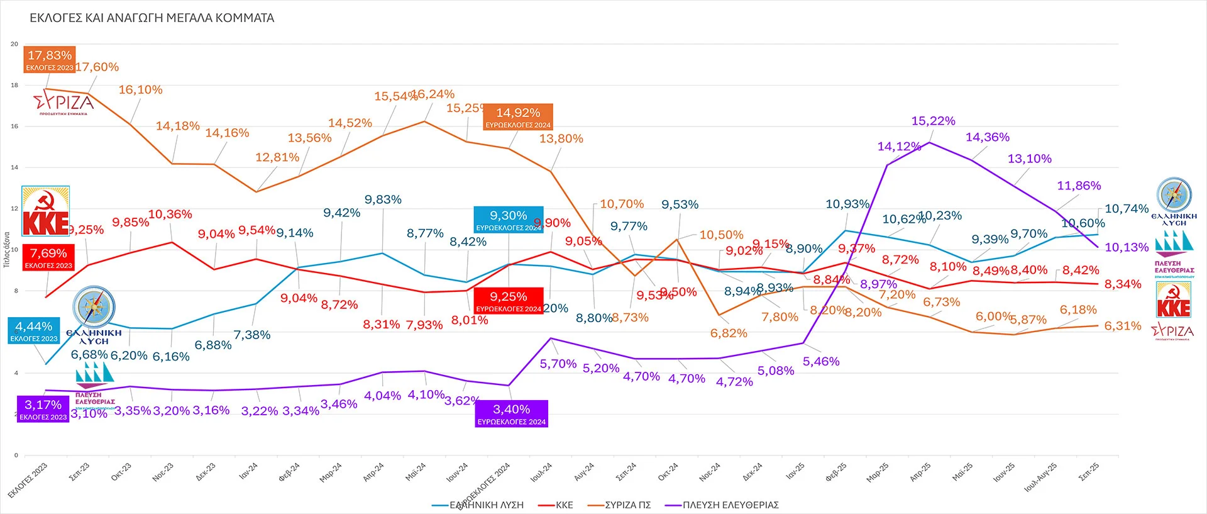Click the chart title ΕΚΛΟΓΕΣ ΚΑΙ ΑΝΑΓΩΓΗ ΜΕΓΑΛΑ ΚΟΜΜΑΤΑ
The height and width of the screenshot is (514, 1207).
[152, 18]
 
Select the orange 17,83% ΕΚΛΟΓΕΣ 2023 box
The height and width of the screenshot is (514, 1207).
[50, 60]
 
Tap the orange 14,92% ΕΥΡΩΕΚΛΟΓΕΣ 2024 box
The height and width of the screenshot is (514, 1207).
[518, 117]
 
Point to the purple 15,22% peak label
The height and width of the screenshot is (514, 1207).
[934, 121]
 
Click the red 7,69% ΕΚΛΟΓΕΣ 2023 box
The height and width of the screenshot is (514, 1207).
[48, 257]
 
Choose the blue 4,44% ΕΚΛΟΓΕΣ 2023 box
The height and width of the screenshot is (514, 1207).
[34, 331]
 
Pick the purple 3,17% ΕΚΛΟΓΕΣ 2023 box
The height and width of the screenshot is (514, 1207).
[43, 409]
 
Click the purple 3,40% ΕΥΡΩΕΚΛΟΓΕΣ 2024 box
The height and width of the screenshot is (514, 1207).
[511, 414]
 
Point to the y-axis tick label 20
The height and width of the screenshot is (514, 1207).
[14, 44]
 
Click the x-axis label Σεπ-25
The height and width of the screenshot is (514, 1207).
[1089, 472]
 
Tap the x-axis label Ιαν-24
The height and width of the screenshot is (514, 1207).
[248, 472]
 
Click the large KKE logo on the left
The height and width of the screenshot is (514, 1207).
[45, 211]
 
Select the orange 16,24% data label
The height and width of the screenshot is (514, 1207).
[433, 94]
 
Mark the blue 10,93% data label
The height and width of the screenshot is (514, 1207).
[847, 204]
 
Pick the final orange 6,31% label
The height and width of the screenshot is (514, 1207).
[1123, 326]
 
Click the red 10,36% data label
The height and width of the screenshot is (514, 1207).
[170, 215]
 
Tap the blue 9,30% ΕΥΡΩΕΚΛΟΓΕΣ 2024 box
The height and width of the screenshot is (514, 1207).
[509, 220]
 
